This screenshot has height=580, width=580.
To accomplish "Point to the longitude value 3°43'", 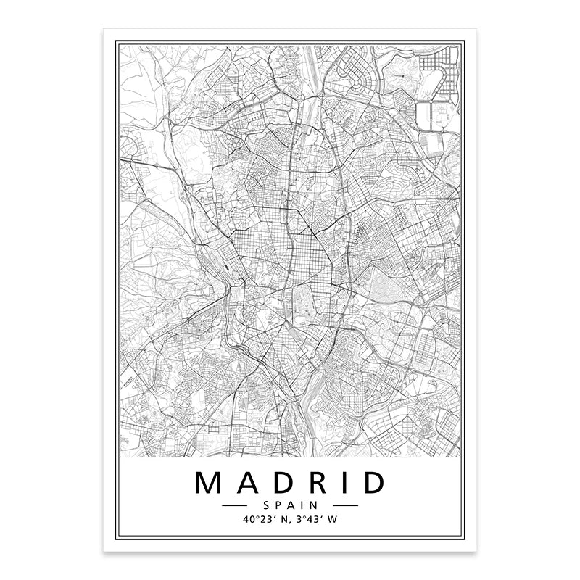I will (x=308, y=518).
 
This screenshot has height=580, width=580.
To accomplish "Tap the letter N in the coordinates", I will (x=281, y=518).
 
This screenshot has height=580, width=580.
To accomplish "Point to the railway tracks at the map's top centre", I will (x=308, y=87).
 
